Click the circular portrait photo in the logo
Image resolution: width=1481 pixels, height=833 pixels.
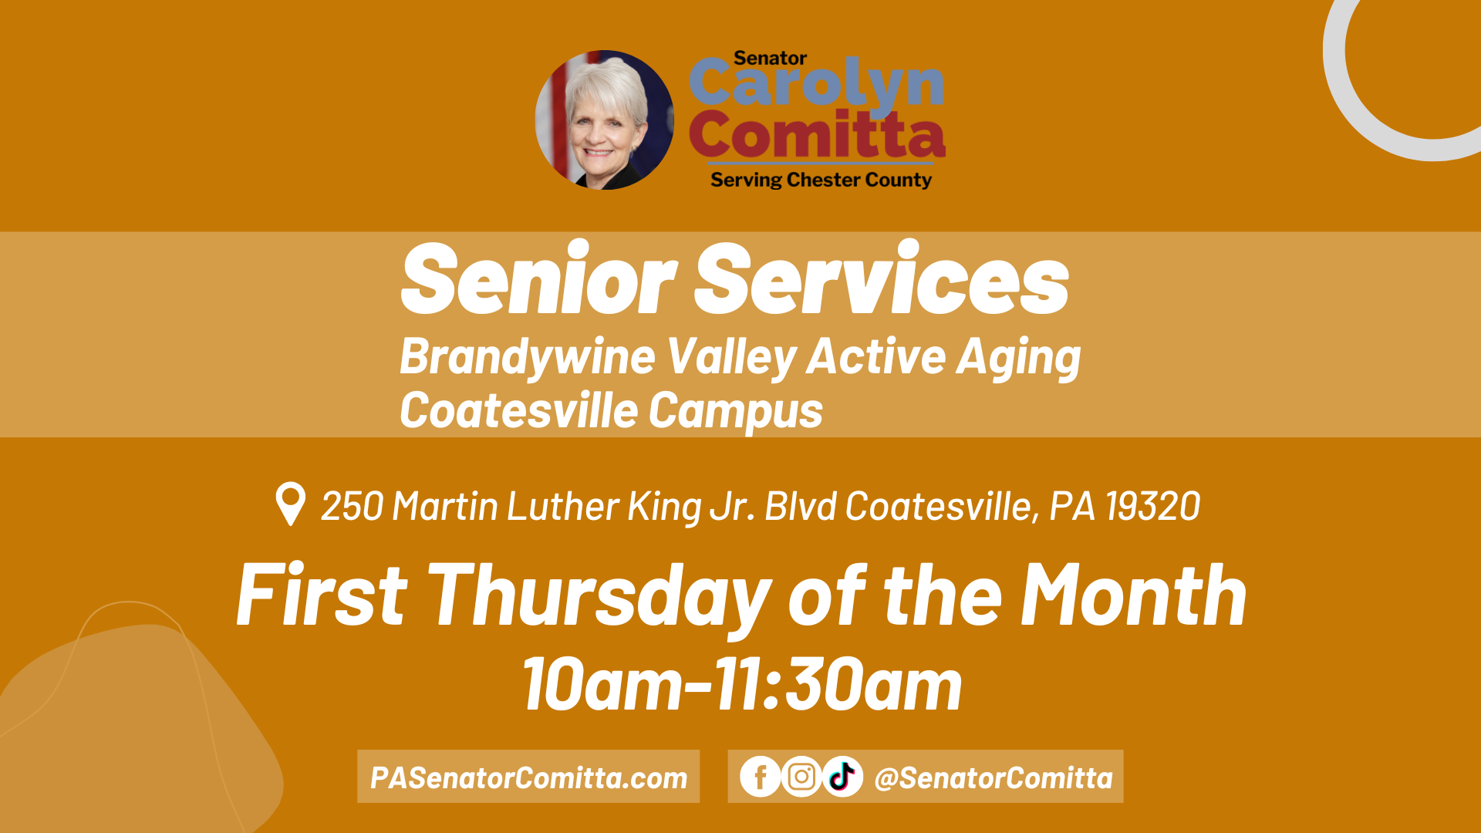point(605,120)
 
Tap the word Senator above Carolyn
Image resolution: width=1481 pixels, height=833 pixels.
point(770,58)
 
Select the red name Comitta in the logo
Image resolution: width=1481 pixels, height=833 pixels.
point(817,135)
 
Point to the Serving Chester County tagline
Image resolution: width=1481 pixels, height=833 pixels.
point(821,180)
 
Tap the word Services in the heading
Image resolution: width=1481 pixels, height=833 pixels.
point(882,278)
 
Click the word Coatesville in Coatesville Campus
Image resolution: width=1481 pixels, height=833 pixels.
point(518,410)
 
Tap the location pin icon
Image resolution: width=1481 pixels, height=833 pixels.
point(291,503)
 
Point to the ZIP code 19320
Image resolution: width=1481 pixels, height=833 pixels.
point(1152,507)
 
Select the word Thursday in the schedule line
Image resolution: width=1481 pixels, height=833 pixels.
point(599,596)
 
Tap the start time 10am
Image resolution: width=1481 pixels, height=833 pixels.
point(602,684)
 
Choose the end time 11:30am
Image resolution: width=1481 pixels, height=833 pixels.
point(838,684)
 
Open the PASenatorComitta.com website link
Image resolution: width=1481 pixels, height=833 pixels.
point(528,777)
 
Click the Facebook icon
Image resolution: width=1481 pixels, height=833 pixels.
point(761,777)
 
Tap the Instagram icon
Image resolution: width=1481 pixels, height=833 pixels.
point(801,777)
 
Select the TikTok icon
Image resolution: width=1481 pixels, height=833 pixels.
point(842,777)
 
